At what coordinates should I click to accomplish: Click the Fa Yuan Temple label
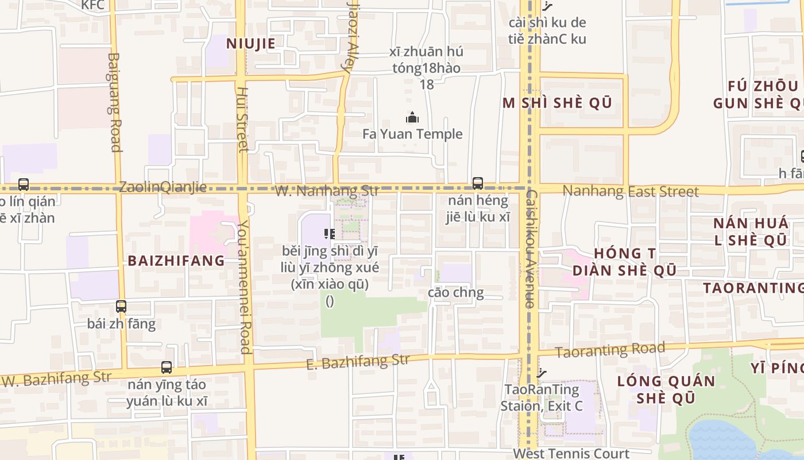point(412,134)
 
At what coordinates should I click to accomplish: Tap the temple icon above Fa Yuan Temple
point(412,118)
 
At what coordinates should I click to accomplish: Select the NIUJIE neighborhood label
point(250,43)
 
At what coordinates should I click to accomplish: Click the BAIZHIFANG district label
point(176,260)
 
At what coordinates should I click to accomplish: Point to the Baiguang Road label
point(114,102)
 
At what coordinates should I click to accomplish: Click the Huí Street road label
point(242,120)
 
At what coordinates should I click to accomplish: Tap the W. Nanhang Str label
point(327,190)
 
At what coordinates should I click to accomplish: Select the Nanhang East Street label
point(631,191)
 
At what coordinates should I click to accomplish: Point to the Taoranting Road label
point(610,349)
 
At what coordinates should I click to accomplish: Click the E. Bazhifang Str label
point(358,362)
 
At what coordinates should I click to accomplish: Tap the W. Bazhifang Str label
point(56,379)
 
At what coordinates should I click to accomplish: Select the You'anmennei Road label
point(245,286)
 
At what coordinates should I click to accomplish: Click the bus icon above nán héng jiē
point(478,183)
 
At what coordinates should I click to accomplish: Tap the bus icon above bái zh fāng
point(121,306)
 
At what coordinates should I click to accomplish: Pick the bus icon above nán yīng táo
point(167,367)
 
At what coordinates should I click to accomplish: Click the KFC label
point(92,5)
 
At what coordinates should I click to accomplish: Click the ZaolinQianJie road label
point(163,187)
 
